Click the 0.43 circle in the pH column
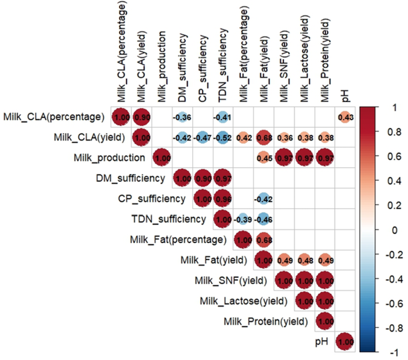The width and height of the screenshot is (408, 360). (345, 117)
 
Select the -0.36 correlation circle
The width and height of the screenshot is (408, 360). (182, 117)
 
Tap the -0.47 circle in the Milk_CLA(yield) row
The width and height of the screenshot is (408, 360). (203, 137)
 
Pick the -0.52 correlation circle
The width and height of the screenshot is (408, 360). (223, 137)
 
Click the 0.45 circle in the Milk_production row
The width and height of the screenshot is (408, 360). (264, 158)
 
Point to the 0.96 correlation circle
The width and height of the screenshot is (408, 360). (223, 199)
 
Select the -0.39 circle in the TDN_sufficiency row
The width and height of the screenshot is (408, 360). (243, 219)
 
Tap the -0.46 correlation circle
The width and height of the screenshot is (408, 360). (264, 219)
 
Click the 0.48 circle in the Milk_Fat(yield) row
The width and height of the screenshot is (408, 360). (304, 260)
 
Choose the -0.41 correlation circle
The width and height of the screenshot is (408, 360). (223, 117)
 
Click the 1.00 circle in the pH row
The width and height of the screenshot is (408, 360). (345, 342)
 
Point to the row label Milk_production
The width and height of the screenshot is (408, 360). (109, 158)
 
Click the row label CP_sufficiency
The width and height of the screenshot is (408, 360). (152, 199)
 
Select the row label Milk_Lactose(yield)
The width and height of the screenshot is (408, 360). (243, 301)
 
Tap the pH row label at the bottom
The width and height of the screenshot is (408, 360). (321, 342)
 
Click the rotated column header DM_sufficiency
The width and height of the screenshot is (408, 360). (182, 67)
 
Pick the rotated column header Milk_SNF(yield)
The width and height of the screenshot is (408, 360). (284, 66)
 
